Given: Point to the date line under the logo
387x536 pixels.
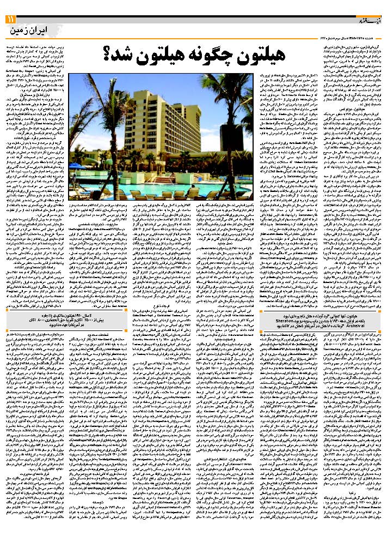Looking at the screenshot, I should click(x=351, y=36).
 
